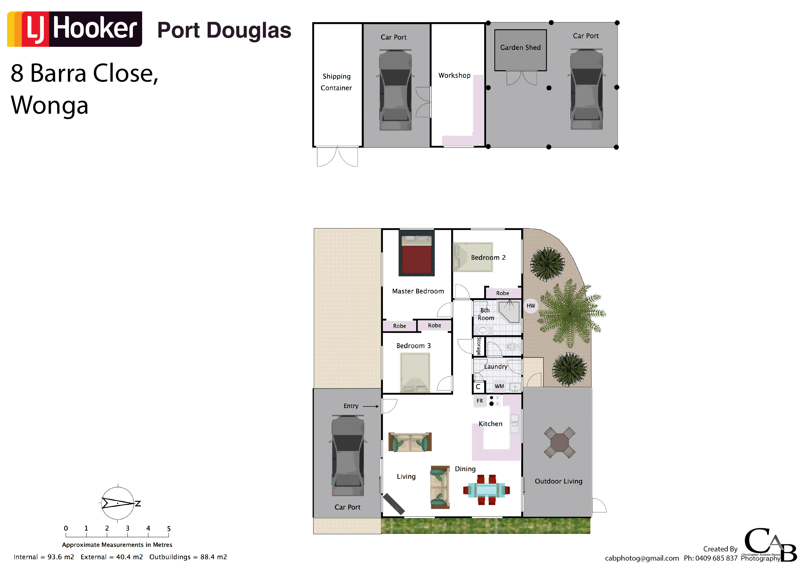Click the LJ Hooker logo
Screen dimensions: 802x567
pos(74,29)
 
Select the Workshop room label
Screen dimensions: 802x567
pos(454,75)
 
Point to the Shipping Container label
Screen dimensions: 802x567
pos(336,82)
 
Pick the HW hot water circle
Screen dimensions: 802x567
pos(531,306)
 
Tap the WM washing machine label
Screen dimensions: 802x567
pos(499,386)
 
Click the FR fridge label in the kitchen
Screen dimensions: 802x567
pos(480,401)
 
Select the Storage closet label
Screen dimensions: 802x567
pos(479,346)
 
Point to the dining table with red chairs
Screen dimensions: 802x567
pos(487,490)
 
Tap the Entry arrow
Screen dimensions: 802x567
pos(371,406)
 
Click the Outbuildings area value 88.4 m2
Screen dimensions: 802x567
pos(214,557)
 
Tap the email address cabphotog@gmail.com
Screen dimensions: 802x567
pos(642,558)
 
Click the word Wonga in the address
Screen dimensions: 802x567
pos(49,105)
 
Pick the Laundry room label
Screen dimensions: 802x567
pos(495,366)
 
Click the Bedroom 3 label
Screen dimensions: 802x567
pos(413,346)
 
